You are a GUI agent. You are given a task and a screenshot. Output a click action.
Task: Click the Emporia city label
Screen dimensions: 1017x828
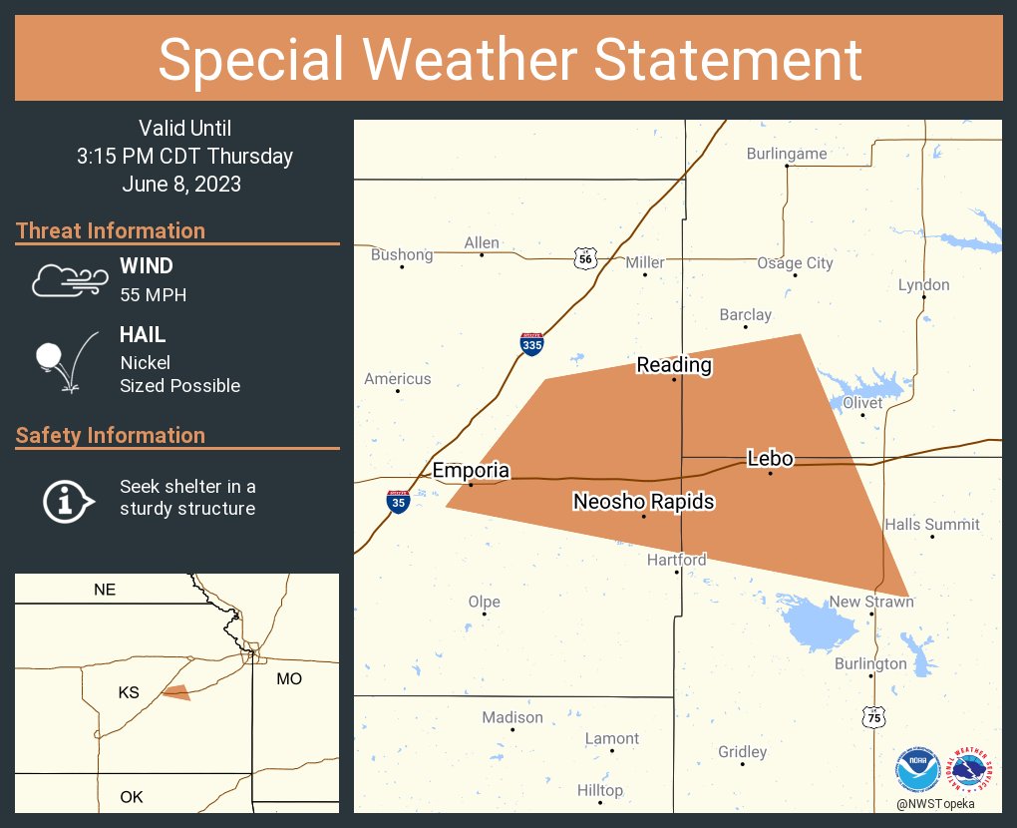[x=471, y=471]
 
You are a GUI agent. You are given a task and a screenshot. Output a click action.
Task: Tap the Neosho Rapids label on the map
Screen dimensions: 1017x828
[x=643, y=501]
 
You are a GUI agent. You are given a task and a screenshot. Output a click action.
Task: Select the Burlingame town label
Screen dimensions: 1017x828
[x=787, y=154]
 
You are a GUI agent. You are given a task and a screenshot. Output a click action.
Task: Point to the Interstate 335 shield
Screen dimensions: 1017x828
[x=531, y=344]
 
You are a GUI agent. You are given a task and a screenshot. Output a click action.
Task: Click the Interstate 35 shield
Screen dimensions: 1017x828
[x=399, y=501]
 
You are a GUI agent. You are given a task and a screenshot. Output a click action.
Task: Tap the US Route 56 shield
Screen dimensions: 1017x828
[x=585, y=259]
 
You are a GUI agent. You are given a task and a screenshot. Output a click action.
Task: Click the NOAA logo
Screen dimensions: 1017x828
[x=916, y=770]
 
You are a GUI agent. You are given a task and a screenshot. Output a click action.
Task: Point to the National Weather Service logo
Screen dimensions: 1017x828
[x=973, y=769]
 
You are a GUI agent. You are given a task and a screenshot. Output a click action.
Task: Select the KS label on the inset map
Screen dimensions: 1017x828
[x=129, y=692]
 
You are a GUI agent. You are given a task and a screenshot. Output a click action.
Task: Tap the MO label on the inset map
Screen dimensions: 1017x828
[x=288, y=678]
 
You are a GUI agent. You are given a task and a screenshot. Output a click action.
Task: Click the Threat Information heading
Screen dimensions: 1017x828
[x=111, y=230]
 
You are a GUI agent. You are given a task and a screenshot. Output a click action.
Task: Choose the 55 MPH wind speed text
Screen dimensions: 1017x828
[x=153, y=294]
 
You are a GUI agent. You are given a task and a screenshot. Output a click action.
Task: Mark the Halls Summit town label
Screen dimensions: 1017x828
[x=932, y=525]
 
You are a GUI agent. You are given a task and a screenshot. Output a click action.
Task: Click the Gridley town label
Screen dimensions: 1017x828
[x=743, y=752]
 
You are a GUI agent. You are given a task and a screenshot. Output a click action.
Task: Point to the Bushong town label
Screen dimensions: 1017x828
[x=402, y=254]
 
